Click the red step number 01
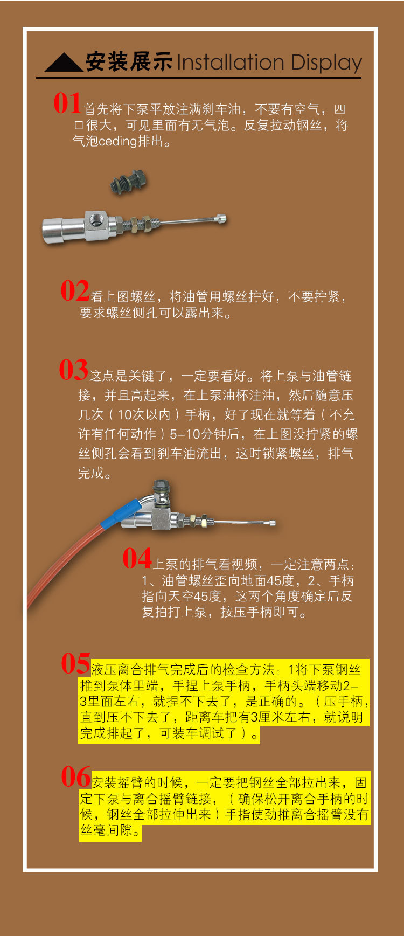coord(67,103)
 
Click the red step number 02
coord(75,291)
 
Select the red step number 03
coord(73,370)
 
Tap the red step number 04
coord(137,559)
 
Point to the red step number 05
coord(75,664)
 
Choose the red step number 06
coord(75,777)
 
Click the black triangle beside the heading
coord(64,63)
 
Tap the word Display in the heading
coord(326,64)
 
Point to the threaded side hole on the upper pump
coord(97,220)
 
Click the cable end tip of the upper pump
coord(220,219)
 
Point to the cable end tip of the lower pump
coord(271,523)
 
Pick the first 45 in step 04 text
coord(274,581)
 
